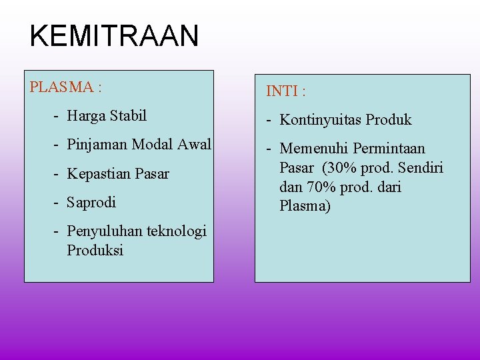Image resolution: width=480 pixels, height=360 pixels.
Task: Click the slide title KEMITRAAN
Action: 114,35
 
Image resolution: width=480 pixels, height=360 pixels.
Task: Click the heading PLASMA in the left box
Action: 61,87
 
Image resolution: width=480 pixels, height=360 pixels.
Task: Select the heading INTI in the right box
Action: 283,91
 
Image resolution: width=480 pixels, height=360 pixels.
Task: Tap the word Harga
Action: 87,116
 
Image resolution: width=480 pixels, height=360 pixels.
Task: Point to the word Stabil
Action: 129,116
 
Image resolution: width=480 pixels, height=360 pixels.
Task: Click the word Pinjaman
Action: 97,145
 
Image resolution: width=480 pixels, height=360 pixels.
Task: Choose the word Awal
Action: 193,145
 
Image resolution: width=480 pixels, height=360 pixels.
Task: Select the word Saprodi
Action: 91,202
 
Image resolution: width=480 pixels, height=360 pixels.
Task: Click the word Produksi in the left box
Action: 95,251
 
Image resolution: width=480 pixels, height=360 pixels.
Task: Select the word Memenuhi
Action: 314,149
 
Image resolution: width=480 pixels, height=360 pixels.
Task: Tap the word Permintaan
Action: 389,149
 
